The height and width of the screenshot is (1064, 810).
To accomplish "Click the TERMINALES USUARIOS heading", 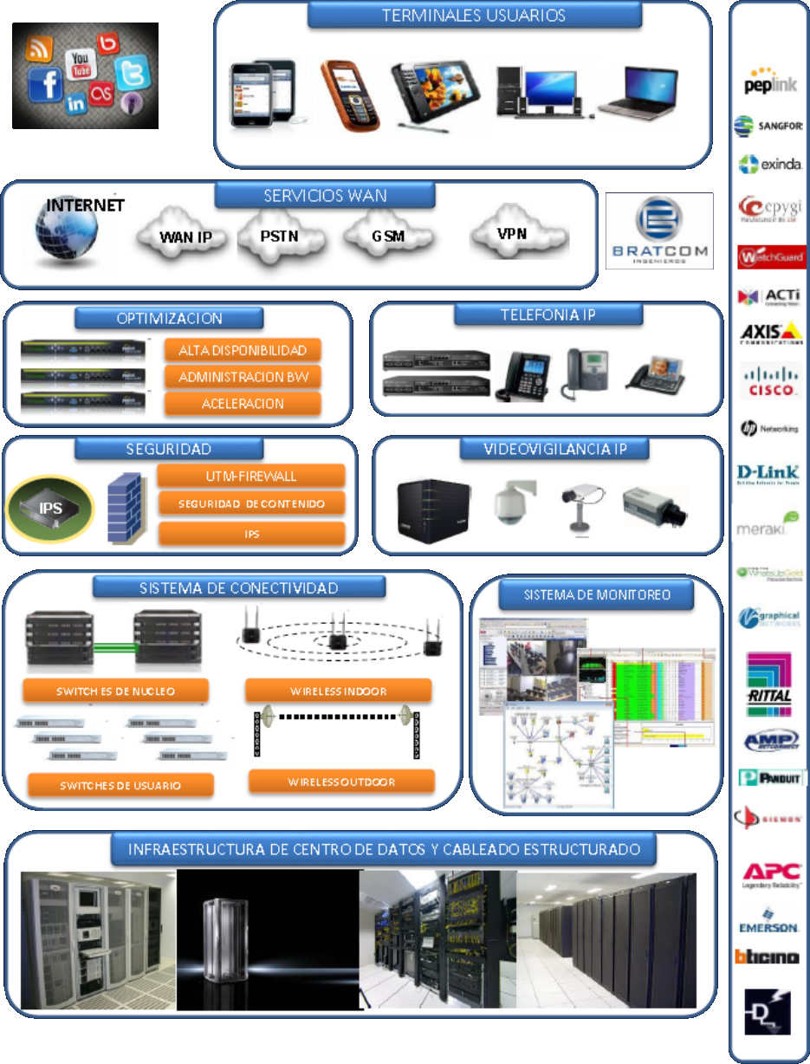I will point(474,16).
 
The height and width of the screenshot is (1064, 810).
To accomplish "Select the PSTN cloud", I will point(279,236).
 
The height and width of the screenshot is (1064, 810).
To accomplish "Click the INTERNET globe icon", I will point(66,234).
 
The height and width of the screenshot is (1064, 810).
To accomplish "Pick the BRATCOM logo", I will point(658,230).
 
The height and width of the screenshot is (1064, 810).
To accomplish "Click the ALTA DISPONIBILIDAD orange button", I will point(243,350).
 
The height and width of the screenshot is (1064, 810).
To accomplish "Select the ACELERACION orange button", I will point(243,404).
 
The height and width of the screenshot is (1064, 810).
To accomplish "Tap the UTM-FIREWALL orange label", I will point(251,476).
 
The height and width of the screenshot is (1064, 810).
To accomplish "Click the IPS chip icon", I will point(50,508).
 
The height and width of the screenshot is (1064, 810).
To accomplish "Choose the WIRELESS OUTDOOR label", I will point(341,782).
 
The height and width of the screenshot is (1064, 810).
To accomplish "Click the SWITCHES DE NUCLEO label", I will point(115,691).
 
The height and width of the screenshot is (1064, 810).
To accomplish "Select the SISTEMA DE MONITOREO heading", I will point(597,594).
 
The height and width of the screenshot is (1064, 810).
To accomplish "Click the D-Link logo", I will point(768,474).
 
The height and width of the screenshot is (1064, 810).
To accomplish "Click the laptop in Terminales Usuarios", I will point(637,94).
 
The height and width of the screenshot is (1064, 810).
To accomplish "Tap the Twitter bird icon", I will point(132,74).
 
